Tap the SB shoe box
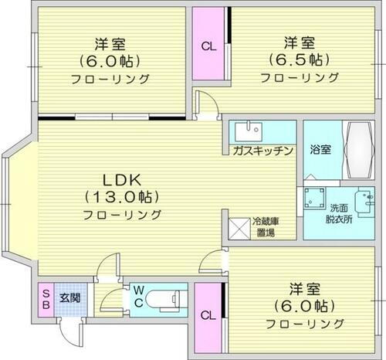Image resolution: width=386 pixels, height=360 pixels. coord(45,299)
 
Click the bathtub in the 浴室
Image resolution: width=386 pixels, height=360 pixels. coord(358,148)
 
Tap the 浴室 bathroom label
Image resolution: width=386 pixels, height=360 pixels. coord(321,149)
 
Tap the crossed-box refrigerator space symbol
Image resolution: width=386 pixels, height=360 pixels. coord(239,228)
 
